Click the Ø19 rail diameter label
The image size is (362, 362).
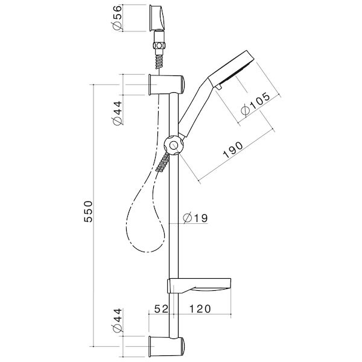[194, 218]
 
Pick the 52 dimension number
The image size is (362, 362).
[160, 309]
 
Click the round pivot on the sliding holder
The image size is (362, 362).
[173, 145]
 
